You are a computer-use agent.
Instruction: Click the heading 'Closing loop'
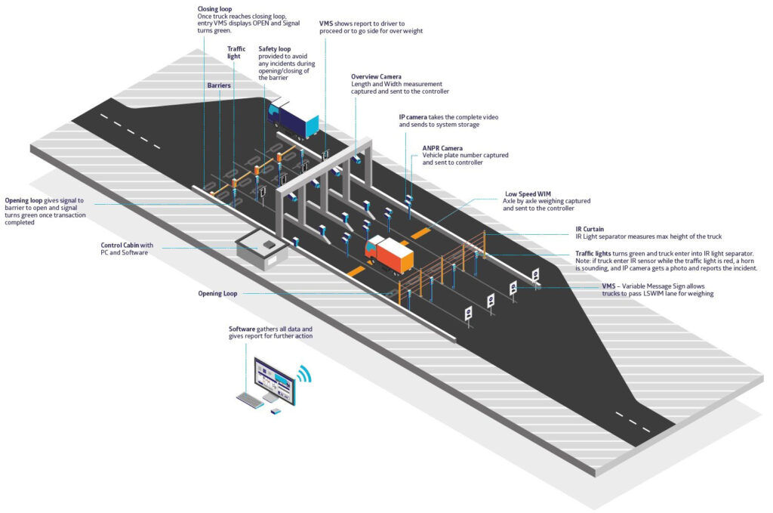214,8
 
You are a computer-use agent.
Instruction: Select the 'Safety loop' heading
275,49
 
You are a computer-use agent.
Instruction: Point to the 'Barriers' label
219,85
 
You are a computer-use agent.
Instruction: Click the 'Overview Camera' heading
376,76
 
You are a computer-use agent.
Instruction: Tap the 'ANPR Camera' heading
442,148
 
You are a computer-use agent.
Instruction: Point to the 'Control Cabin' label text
119,246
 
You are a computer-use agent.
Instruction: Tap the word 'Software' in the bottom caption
243,330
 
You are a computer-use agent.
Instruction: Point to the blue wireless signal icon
304,375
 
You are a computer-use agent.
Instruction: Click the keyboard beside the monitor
250,401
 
